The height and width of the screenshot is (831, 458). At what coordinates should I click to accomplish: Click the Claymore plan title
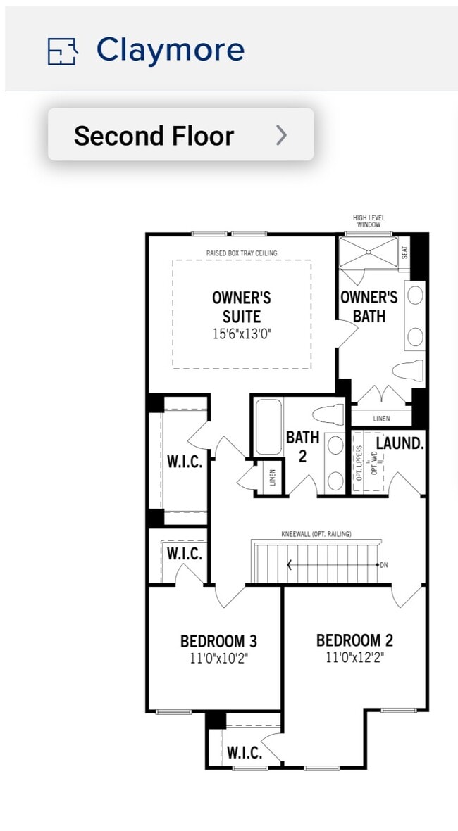coord(170,50)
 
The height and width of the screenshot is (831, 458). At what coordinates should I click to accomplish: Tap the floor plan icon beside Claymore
coord(61,51)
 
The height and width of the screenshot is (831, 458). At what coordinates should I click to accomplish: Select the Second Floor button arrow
coord(281,135)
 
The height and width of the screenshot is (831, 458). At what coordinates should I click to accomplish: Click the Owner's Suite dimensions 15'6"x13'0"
coord(242,334)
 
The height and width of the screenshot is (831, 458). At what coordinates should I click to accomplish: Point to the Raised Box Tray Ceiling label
coord(242,253)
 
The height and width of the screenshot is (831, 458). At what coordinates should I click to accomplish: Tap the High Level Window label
coord(369,222)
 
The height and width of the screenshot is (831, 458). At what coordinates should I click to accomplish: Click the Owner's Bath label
coord(369,307)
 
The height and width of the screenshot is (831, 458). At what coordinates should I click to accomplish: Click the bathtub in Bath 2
coord(268,427)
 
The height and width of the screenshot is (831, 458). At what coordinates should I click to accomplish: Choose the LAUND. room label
coord(400,443)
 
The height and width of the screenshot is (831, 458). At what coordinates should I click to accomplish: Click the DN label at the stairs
coord(384,564)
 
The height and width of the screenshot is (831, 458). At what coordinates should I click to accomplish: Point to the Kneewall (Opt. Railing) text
coord(316,534)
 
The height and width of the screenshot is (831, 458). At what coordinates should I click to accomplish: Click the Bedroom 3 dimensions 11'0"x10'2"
coord(218,659)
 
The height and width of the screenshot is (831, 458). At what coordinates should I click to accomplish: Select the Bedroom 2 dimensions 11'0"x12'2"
coord(354,658)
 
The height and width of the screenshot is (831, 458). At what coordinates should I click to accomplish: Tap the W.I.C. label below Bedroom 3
coord(245,752)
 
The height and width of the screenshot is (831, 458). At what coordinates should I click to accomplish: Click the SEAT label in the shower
coord(404,251)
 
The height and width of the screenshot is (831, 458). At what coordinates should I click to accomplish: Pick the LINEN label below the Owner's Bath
coord(381,419)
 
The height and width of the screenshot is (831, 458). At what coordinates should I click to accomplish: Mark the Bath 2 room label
coord(302,447)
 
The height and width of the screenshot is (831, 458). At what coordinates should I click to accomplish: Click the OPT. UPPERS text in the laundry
coord(359,462)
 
